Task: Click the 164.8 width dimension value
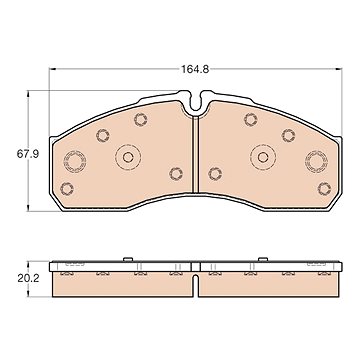195,69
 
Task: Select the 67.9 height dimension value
28,154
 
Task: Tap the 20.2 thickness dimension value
28,278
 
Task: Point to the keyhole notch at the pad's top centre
196,102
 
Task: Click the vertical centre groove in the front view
196,154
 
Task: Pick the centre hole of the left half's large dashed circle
128,157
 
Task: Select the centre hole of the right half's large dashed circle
263,157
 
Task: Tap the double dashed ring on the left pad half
75,161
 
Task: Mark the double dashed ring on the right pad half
316,161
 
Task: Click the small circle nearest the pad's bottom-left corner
67,189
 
